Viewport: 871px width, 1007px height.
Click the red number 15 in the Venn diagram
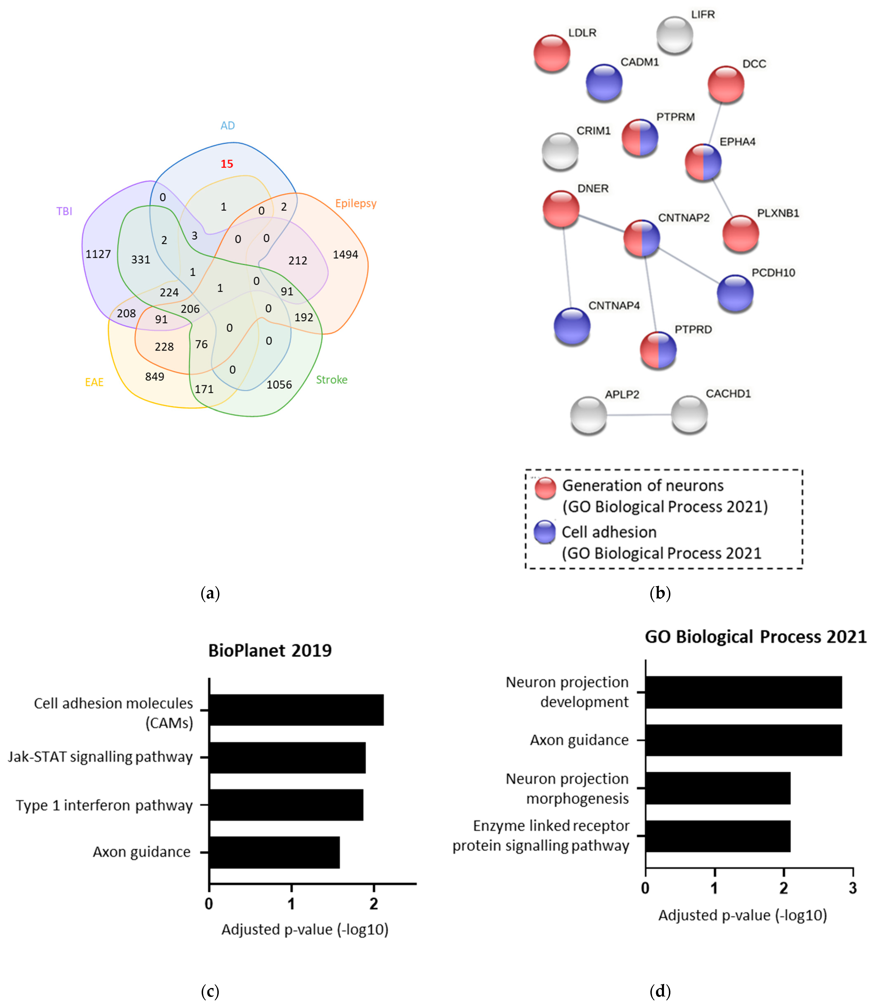227,164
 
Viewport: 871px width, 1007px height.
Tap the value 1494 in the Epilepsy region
345,255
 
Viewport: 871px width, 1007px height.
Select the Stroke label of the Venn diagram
332,380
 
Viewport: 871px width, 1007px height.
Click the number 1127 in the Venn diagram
98,254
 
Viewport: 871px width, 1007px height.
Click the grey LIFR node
675,34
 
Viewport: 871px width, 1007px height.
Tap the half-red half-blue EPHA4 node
703,162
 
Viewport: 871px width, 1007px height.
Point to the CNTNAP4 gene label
614,306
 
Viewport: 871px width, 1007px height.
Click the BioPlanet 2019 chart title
270,650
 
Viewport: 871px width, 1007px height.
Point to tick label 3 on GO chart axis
852,888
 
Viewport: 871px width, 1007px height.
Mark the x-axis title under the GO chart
743,915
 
